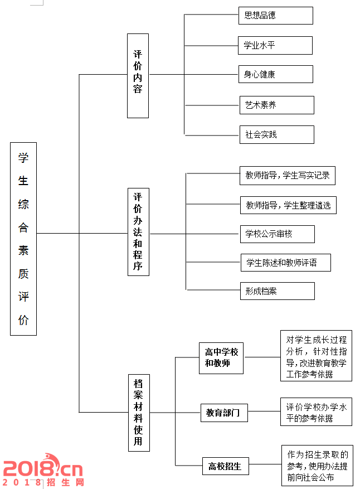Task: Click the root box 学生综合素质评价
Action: click(x=23, y=239)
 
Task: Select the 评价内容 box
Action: click(x=138, y=76)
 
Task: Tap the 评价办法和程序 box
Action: click(x=138, y=232)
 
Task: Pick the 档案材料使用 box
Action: click(x=139, y=413)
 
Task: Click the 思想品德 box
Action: click(x=276, y=16)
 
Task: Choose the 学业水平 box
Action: click(x=275, y=46)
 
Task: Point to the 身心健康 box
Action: click(x=276, y=74)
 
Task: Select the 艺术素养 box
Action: click(x=277, y=105)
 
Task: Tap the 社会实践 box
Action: click(x=277, y=135)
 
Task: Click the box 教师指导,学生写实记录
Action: click(x=288, y=176)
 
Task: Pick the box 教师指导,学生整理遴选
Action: click(x=288, y=205)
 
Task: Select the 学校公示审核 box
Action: click(x=278, y=234)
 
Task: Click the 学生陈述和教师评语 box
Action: click(x=286, y=263)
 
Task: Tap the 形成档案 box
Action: click(x=278, y=291)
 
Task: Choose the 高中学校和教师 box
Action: click(x=221, y=358)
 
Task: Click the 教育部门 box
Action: click(x=224, y=413)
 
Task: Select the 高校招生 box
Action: click(x=226, y=466)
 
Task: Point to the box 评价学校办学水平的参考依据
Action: click(x=316, y=411)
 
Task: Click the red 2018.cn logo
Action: click(x=43, y=470)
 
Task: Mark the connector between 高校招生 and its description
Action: click(x=265, y=464)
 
